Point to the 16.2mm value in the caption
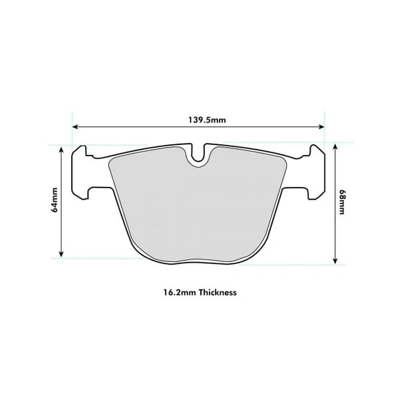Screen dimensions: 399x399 (x=176, y=292)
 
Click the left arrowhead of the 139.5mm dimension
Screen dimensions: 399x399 (x=75, y=126)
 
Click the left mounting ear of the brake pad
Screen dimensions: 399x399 (x=83, y=170)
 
